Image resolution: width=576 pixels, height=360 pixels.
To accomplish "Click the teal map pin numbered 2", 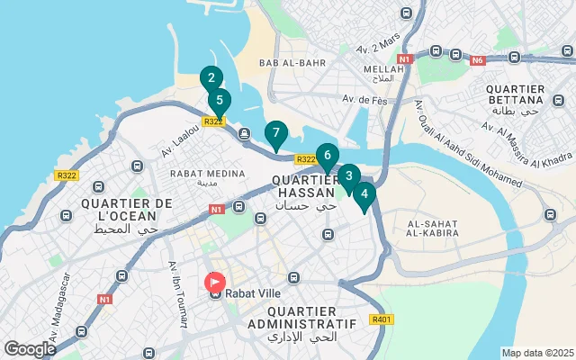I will coord(211,78).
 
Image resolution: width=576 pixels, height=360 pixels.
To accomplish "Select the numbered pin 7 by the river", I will coord(276,133).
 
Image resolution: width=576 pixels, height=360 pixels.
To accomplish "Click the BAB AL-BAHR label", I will coord(286,63).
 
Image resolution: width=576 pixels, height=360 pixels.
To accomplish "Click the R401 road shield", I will coord(382,319).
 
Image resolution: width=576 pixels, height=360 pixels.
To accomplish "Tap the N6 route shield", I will coord(477,60).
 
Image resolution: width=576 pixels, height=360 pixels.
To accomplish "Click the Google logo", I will coord(30,348).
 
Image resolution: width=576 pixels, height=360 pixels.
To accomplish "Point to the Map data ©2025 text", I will coord(536,353).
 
